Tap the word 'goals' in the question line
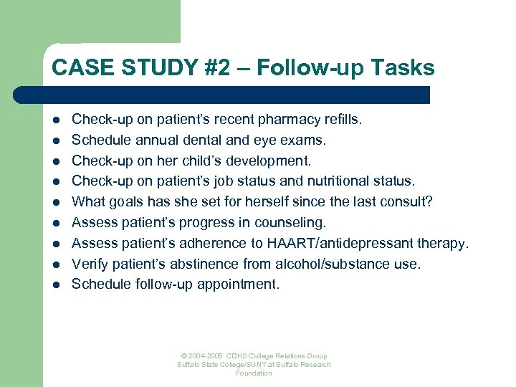click(x=133, y=202)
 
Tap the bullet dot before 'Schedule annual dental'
click(x=55, y=140)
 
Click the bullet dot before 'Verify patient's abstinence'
click(x=55, y=265)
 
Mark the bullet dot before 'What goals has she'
click(x=55, y=203)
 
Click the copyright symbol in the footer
click(x=184, y=356)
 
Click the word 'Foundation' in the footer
click(x=254, y=373)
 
